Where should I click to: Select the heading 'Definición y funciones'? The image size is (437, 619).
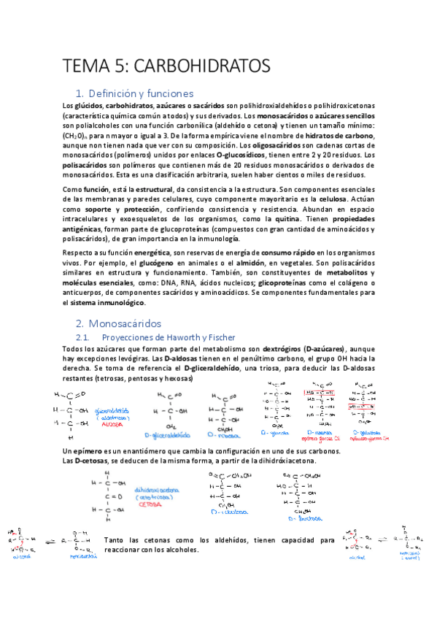point(145,93)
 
